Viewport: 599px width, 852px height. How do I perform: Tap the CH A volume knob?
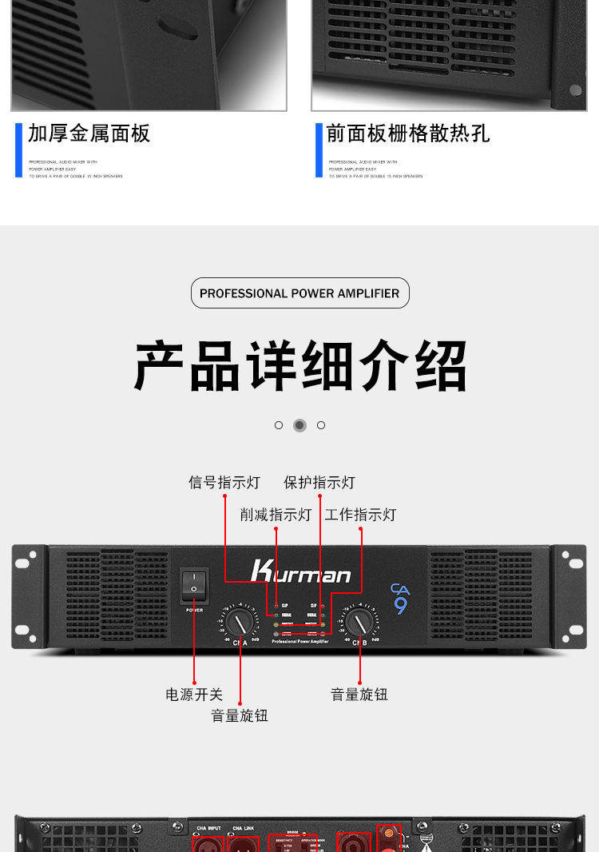click(238, 622)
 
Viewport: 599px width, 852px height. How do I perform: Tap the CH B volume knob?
click(358, 623)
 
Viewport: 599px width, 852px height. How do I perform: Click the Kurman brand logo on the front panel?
click(300, 571)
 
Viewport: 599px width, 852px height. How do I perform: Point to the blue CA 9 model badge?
click(400, 599)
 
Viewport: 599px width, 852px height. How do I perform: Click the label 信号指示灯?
click(224, 483)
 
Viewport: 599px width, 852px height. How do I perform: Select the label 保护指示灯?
click(319, 483)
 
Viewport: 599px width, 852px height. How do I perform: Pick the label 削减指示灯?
click(276, 515)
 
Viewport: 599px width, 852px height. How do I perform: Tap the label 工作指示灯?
click(360, 515)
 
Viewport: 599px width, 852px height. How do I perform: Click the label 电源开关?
click(194, 695)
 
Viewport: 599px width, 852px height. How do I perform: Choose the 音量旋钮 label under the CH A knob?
click(240, 715)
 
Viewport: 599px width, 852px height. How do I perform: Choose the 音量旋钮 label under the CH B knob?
click(359, 695)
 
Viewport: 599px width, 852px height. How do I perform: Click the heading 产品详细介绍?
click(300, 366)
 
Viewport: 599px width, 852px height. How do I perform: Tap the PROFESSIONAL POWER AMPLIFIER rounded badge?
click(300, 293)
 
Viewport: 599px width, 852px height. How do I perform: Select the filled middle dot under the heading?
click(299, 425)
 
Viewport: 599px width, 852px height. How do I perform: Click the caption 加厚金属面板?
click(89, 133)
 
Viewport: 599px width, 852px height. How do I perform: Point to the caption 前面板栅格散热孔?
click(408, 133)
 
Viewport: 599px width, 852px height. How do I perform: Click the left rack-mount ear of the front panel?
click(26, 596)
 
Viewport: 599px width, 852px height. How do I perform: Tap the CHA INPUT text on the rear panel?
click(208, 828)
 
